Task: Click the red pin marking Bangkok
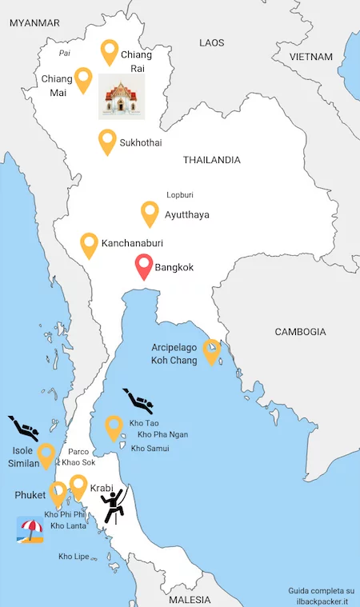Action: click(144, 266)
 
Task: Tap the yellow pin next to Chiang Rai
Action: click(109, 52)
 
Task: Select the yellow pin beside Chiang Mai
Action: click(83, 80)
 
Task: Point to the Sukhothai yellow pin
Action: click(107, 142)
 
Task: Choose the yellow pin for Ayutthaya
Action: click(150, 213)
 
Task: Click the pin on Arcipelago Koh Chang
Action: click(211, 351)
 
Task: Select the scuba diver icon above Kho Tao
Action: click(138, 399)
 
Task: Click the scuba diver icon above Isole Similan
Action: click(23, 428)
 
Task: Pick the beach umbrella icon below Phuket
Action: click(30, 529)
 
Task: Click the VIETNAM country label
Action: click(310, 57)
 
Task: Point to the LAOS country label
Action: click(212, 42)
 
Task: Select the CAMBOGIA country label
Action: click(300, 331)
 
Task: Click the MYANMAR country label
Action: click(34, 23)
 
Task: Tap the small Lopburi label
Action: click(180, 194)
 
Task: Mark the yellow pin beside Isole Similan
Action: click(46, 454)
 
